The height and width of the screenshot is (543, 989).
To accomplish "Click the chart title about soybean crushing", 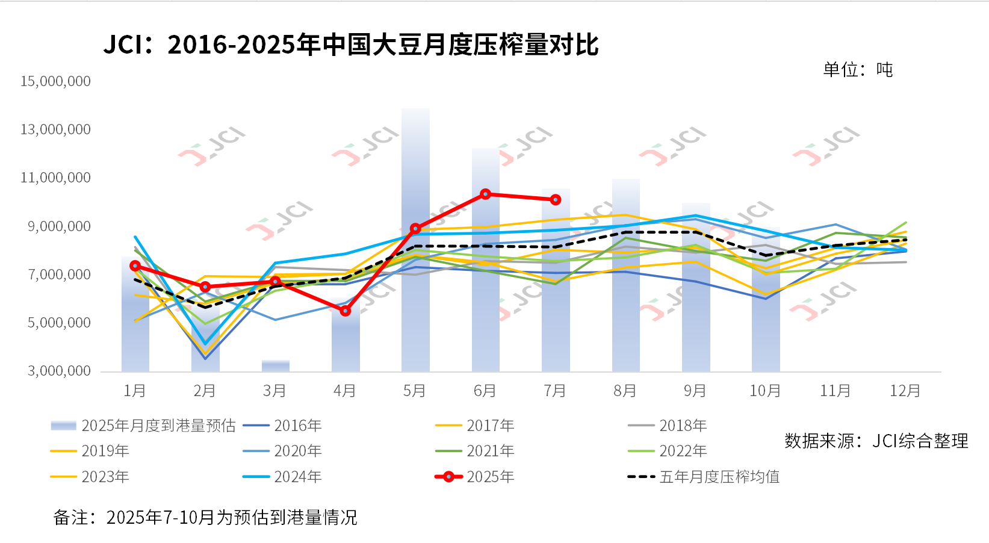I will pos(351,45).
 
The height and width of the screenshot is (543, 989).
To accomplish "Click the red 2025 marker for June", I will pos(486,194).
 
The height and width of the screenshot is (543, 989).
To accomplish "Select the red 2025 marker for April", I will pos(345,311).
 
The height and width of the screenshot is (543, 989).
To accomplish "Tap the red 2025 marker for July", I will pos(556,199).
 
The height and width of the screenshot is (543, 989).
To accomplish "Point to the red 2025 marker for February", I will pos(205,287).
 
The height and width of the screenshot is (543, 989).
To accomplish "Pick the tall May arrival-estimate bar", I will pos(415,241).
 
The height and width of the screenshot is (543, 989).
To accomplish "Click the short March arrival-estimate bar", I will pos(275,365).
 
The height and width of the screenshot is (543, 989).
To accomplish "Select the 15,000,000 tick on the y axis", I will pos(55,81).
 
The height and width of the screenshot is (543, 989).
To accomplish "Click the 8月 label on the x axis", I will pos(625,391).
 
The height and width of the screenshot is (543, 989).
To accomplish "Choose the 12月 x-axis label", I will pos(905,391).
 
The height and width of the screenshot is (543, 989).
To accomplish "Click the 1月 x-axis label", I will pos(134,391).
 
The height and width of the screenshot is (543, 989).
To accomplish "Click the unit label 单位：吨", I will pos(857,70).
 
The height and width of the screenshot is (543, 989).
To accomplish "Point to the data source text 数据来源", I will pos(876,441).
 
